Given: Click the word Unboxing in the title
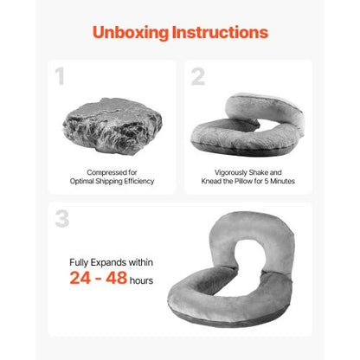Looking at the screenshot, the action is (131, 33).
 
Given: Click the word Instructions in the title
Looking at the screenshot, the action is (220, 32).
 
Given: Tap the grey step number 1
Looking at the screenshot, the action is (60, 76).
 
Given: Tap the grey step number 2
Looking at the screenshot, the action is (198, 76).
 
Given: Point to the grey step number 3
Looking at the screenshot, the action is (62, 218).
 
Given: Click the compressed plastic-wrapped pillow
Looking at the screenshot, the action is (112, 126).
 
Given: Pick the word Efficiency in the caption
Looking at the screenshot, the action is (139, 181).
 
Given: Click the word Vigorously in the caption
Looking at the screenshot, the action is (230, 172).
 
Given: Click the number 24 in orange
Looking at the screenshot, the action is (80, 278).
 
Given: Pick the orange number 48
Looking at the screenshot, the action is (116, 278).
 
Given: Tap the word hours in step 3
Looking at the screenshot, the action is (141, 280).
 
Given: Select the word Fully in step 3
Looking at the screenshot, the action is (79, 263).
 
